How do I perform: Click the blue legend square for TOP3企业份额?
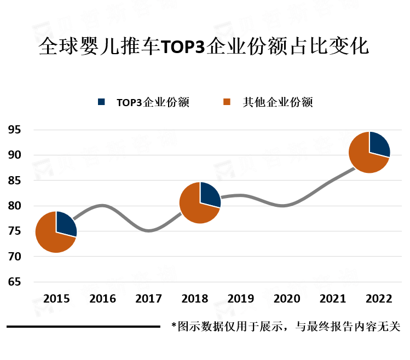[x=101, y=102]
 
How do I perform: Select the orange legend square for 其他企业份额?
[x=228, y=102]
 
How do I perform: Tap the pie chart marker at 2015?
[x=56, y=232]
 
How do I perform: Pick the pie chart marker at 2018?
[x=200, y=203]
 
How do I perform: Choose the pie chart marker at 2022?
[x=369, y=152]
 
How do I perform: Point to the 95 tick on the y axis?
[x=14, y=130]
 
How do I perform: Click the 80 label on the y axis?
[x=14, y=206]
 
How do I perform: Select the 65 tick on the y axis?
[x=14, y=282]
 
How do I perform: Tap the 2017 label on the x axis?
[x=148, y=299]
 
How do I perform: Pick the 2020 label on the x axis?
[x=287, y=299]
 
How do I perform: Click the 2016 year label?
[x=102, y=299]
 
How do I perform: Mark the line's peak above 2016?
[x=102, y=206]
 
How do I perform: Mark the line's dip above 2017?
[x=149, y=231]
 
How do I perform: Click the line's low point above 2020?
[x=286, y=206]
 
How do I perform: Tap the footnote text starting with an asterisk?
[x=286, y=327]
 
